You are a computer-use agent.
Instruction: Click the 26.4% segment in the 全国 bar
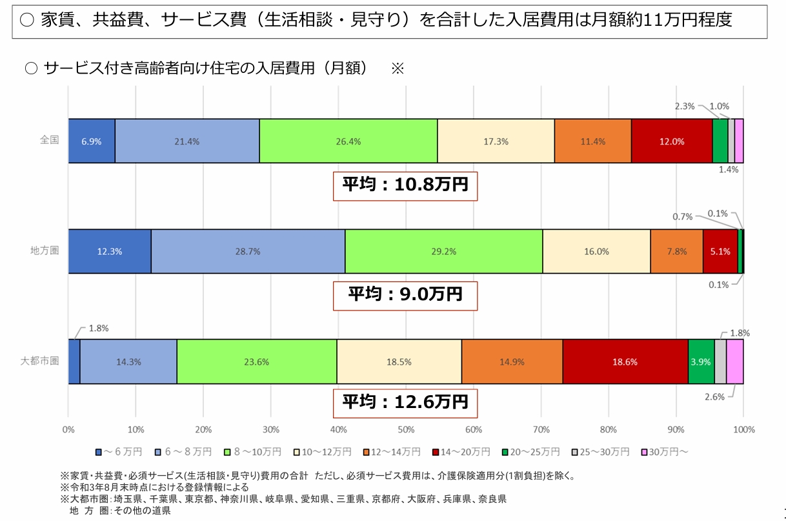point(348,141)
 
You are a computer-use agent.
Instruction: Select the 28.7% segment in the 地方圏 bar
point(248,252)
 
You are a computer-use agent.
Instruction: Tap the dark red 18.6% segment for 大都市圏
point(625,362)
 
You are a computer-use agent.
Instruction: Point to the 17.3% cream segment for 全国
point(496,141)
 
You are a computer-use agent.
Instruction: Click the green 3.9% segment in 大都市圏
point(701,362)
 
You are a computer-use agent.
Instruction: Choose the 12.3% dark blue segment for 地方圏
point(110,252)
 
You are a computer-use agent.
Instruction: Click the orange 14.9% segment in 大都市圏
point(512,362)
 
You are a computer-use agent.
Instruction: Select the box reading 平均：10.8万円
point(405,187)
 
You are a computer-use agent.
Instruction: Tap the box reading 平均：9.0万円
point(405,294)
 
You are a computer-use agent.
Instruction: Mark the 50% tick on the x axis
point(406,429)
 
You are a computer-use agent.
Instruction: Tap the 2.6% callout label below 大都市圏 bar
point(714,397)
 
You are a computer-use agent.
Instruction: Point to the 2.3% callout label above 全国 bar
point(685,106)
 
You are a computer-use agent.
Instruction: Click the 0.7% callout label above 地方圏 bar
point(682,217)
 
